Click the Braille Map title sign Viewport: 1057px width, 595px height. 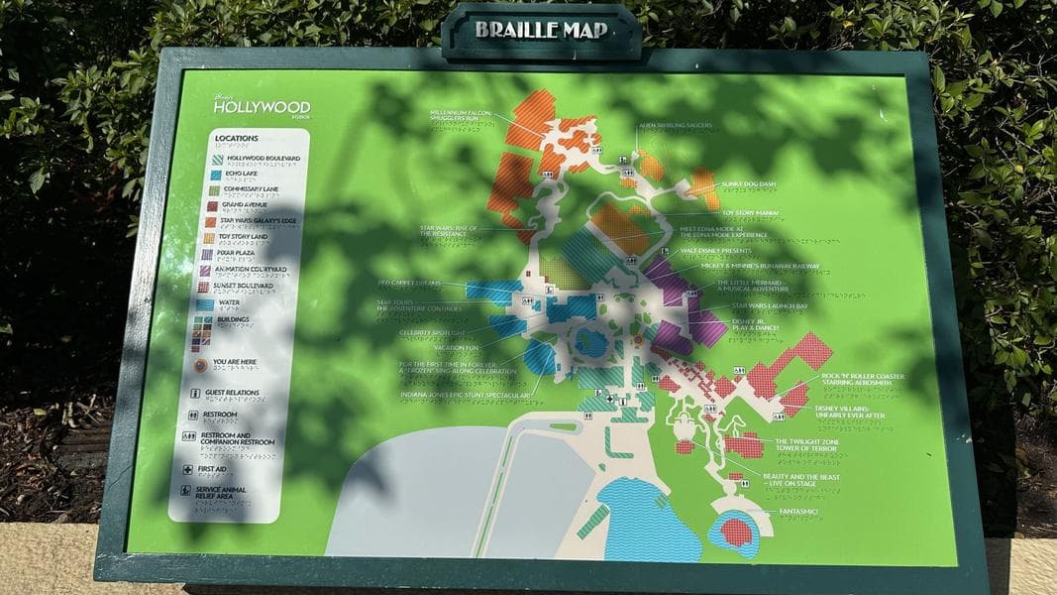[x=540, y=29]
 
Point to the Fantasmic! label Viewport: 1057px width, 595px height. [x=799, y=512]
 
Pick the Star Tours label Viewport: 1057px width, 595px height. [x=408, y=304]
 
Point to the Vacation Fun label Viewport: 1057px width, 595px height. [x=456, y=348]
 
